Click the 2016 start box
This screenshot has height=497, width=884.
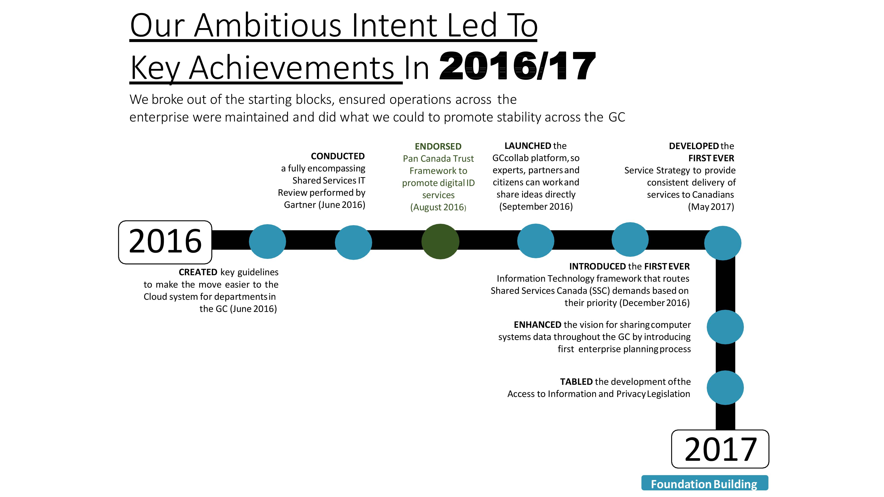pyautogui.click(x=165, y=242)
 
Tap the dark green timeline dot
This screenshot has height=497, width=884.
pyautogui.click(x=440, y=241)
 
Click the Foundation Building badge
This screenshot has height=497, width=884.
pyautogui.click(x=705, y=483)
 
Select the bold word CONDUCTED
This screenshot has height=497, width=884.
pyautogui.click(x=338, y=156)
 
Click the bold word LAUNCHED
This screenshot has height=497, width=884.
pyautogui.click(x=528, y=146)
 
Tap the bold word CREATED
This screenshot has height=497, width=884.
pyautogui.click(x=198, y=272)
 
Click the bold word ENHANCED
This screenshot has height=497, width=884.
pyautogui.click(x=537, y=325)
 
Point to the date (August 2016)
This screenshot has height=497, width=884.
pyautogui.click(x=438, y=207)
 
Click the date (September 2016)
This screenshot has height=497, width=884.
pyautogui.click(x=536, y=207)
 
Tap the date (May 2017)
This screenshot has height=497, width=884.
pyautogui.click(x=711, y=207)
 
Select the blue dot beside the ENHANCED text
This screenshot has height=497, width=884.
pyautogui.click(x=725, y=327)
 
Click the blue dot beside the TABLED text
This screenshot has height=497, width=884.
pyautogui.click(x=725, y=388)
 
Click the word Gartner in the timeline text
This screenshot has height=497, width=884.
pyautogui.click(x=300, y=205)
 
